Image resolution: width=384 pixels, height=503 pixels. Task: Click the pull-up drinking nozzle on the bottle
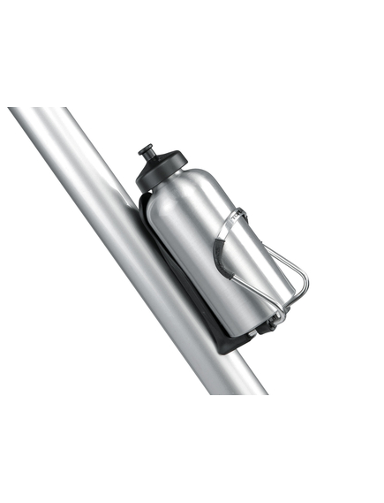147,154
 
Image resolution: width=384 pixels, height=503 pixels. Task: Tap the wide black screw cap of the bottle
160,171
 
